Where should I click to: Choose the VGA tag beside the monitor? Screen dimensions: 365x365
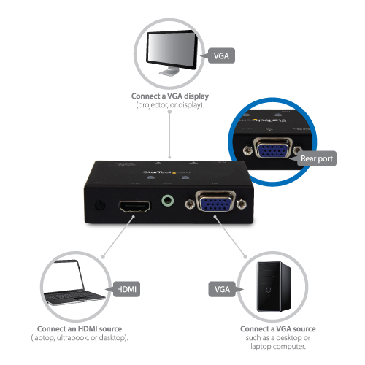[x=220, y=55]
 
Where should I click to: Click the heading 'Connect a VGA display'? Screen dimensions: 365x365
[x=170, y=97]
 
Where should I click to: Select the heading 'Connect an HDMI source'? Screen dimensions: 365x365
[x=80, y=329]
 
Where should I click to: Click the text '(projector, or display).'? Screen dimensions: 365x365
[x=170, y=107]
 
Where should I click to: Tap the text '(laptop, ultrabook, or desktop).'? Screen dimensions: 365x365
[x=80, y=339]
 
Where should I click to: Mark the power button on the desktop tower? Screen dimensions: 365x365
[x=270, y=290]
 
